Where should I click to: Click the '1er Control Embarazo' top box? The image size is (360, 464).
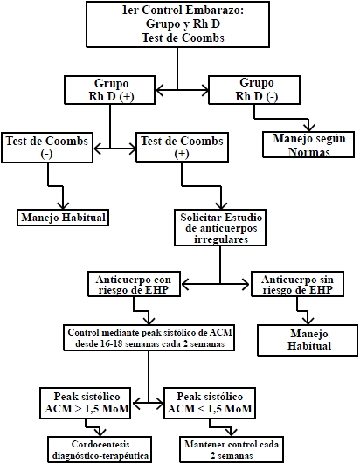pyautogui.click(x=177, y=24)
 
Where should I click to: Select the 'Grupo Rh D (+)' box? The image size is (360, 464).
pyautogui.click(x=110, y=90)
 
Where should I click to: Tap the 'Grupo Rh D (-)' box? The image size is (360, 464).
pyautogui.click(x=254, y=90)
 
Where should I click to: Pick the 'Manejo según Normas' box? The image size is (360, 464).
pyautogui.click(x=308, y=144)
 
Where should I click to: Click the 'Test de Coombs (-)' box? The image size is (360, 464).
pyautogui.click(x=47, y=148)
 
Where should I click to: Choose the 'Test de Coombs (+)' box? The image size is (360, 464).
pyautogui.click(x=182, y=148)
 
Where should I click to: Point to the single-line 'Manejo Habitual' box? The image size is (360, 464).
pyautogui.click(x=63, y=218)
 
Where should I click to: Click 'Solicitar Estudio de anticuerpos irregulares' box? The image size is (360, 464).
pyautogui.click(x=220, y=228)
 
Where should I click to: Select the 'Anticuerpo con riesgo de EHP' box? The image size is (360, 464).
pyautogui.click(x=134, y=284)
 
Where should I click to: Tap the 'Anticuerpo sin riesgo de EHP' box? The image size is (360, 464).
pyautogui.click(x=297, y=284)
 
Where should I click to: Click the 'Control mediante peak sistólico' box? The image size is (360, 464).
pyautogui.click(x=149, y=337)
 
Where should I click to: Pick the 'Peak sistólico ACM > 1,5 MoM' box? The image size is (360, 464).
pyautogui.click(x=86, y=403)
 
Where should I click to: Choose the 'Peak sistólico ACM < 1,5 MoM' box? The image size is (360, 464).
pyautogui.click(x=210, y=403)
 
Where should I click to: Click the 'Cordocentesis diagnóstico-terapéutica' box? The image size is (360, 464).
pyautogui.click(x=100, y=449)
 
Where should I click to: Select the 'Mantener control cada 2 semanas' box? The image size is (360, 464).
pyautogui.click(x=232, y=449)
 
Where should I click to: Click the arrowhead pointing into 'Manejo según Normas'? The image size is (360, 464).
pyautogui.click(x=309, y=128)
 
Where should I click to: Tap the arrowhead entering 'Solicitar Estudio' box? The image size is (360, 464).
pyautogui.click(x=221, y=205)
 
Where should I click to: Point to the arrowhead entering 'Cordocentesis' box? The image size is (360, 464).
pyautogui.click(x=100, y=433)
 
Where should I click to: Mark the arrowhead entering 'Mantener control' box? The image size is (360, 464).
pyautogui.click(x=232, y=433)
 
